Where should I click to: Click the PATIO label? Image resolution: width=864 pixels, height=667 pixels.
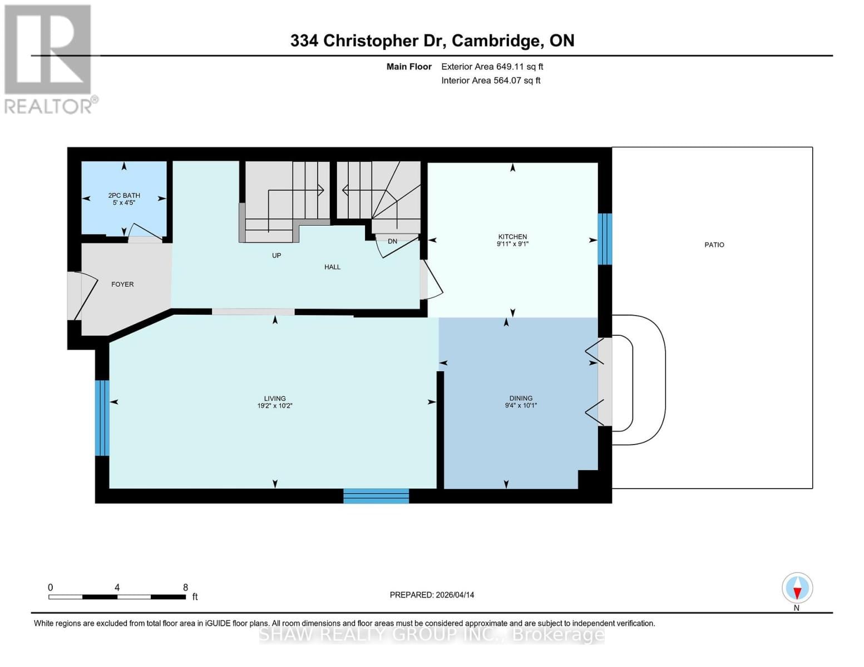coord(714,245)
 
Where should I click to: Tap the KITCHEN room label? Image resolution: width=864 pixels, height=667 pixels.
coord(512,237)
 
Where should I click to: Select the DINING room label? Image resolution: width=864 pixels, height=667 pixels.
coord(521,398)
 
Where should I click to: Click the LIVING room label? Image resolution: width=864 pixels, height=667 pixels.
coord(275,399)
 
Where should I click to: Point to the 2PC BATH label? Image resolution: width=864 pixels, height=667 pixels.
coord(124,196)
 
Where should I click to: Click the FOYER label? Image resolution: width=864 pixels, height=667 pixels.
coord(122,284)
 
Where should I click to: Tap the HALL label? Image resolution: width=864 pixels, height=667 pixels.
coord(332,267)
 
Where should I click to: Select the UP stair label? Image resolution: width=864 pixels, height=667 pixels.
coord(277,256)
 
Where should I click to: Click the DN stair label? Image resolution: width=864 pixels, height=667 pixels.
coord(392,241)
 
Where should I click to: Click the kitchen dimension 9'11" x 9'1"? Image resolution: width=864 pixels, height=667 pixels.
coord(512,244)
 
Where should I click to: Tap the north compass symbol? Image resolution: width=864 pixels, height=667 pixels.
coord(797,588)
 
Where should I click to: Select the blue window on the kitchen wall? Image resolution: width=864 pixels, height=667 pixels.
coord(605,239)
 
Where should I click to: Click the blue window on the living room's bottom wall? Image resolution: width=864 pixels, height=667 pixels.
coord(376,496)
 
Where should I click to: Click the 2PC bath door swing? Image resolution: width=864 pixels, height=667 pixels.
coord(145,232)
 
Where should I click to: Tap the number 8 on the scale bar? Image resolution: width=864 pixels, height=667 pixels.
coord(185,588)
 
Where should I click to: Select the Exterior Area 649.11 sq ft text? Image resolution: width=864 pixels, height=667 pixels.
coord(492,67)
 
